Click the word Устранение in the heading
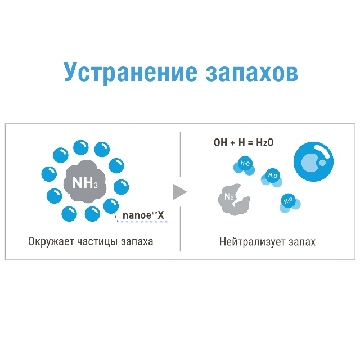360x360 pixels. click(130, 72)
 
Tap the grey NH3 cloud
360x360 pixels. click(85, 181)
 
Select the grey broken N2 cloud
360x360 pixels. click(234, 199)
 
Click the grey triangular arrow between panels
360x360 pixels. click(179, 192)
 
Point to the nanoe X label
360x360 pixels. click(143, 215)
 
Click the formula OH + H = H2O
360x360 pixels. click(244, 142)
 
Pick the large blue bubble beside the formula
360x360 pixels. click(313, 161)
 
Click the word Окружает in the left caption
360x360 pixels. click(51, 242)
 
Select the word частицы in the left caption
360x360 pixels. click(97, 242)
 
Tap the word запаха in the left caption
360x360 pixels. click(137, 242)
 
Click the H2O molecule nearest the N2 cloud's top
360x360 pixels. click(244, 165)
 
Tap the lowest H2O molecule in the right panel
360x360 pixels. click(290, 203)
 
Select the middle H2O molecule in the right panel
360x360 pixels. click(272, 178)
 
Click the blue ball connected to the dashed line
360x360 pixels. click(111, 206)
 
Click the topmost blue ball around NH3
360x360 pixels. click(81, 147)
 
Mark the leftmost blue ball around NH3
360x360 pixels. click(49, 174)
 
